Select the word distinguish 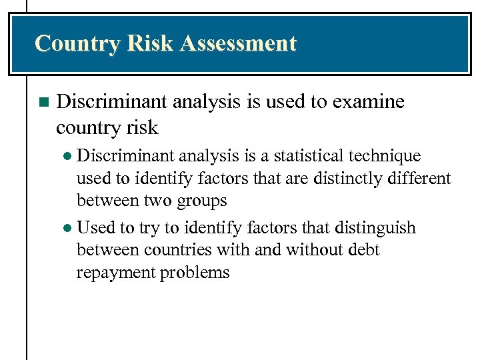377,228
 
